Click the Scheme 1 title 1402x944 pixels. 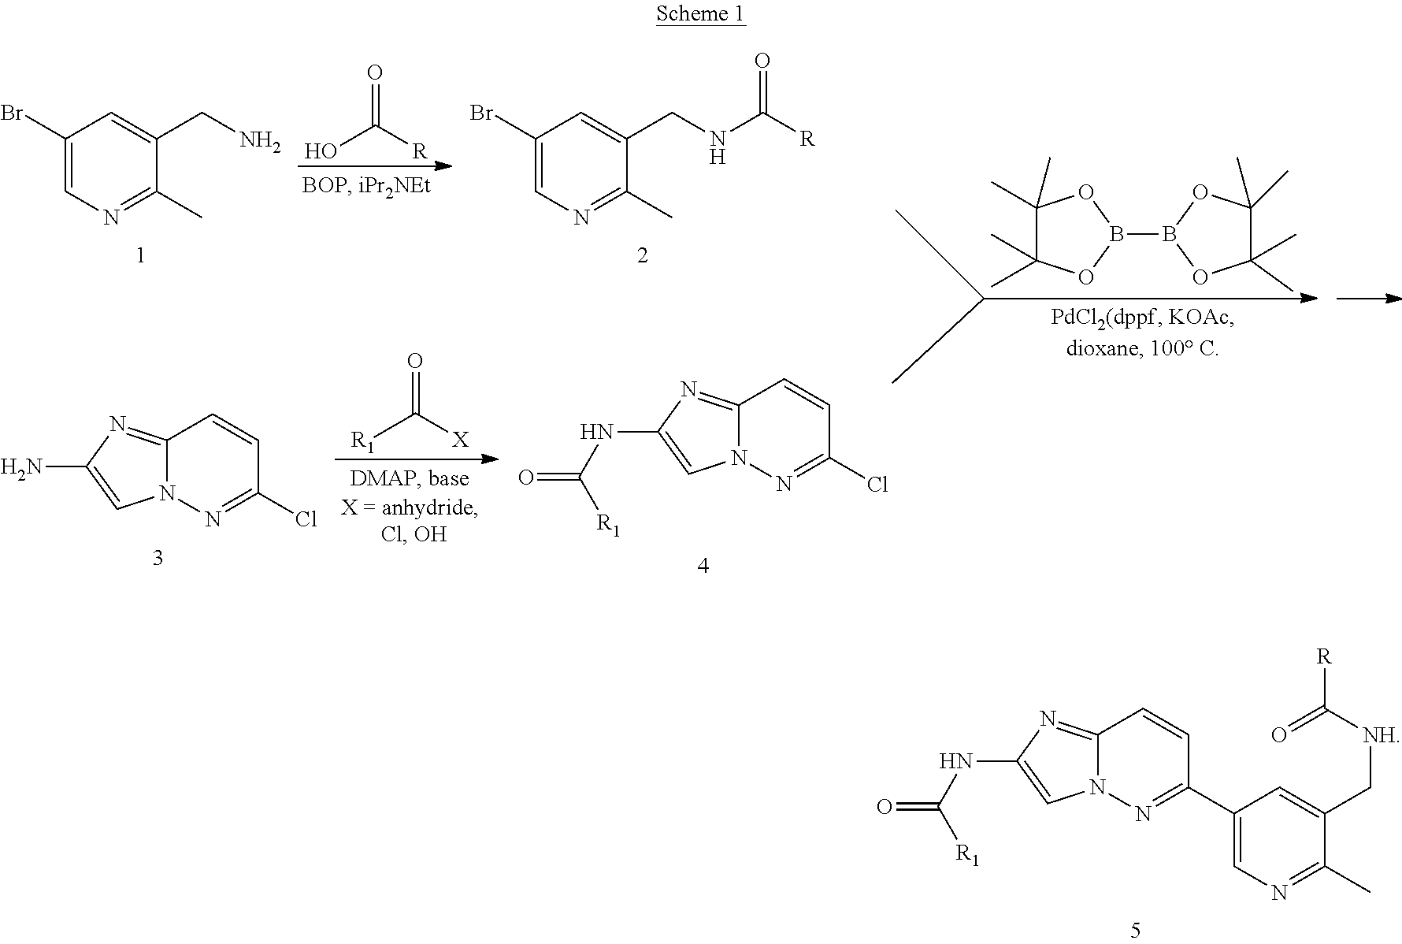(x=700, y=14)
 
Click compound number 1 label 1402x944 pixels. (x=141, y=255)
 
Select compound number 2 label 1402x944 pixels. (x=642, y=255)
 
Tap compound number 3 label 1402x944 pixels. (x=157, y=558)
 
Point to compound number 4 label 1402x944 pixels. (x=703, y=565)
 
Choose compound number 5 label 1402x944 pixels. (x=1135, y=930)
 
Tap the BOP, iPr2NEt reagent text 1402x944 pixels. (x=368, y=187)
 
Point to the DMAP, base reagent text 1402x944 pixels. (x=410, y=478)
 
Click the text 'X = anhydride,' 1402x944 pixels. (x=410, y=507)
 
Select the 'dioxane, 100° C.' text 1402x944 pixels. (x=1142, y=347)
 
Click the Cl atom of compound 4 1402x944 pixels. (x=877, y=484)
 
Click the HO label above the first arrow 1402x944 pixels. (x=322, y=151)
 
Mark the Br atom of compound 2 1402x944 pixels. (x=482, y=113)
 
